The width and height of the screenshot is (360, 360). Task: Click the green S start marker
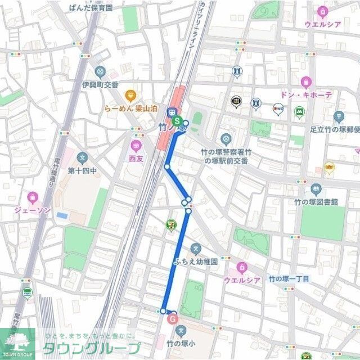tap(177, 121)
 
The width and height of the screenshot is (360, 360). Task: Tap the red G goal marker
tap(172, 319)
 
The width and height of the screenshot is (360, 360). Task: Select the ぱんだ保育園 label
tap(91, 8)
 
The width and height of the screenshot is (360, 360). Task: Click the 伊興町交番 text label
tap(100, 84)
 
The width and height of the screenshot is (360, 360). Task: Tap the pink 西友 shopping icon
tap(136, 145)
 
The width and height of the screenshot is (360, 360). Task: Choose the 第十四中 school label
tap(83, 170)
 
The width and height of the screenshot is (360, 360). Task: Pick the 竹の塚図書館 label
tap(316, 201)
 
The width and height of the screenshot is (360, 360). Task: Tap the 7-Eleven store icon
tap(170, 224)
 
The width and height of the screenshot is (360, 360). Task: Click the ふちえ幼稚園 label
tap(195, 262)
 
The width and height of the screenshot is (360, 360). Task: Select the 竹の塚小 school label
tap(181, 342)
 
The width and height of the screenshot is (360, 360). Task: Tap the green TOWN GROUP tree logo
tap(17, 342)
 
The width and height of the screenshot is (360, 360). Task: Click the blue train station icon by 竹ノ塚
tap(173, 111)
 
